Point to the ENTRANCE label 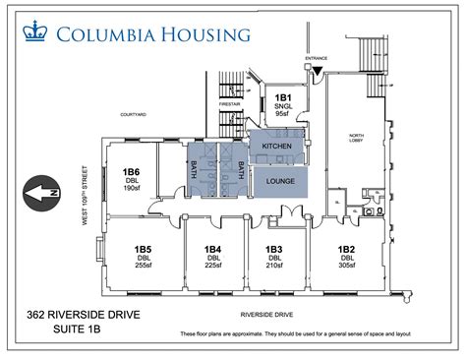[x=317, y=58]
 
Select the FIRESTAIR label [x=229, y=105]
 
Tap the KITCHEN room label [x=277, y=146]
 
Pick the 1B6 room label [x=131, y=171]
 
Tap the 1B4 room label [x=212, y=249]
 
